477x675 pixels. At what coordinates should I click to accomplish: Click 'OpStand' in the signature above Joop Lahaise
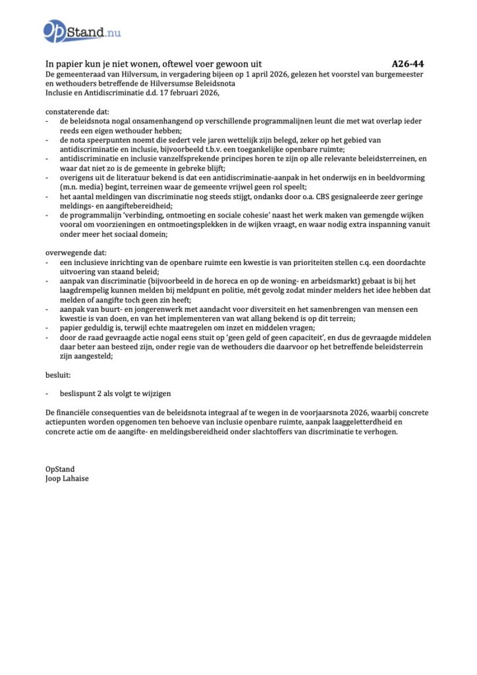tap(60, 469)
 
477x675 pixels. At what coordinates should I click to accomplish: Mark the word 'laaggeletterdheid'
tap(376, 421)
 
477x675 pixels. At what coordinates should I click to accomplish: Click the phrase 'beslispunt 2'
tap(82, 393)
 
